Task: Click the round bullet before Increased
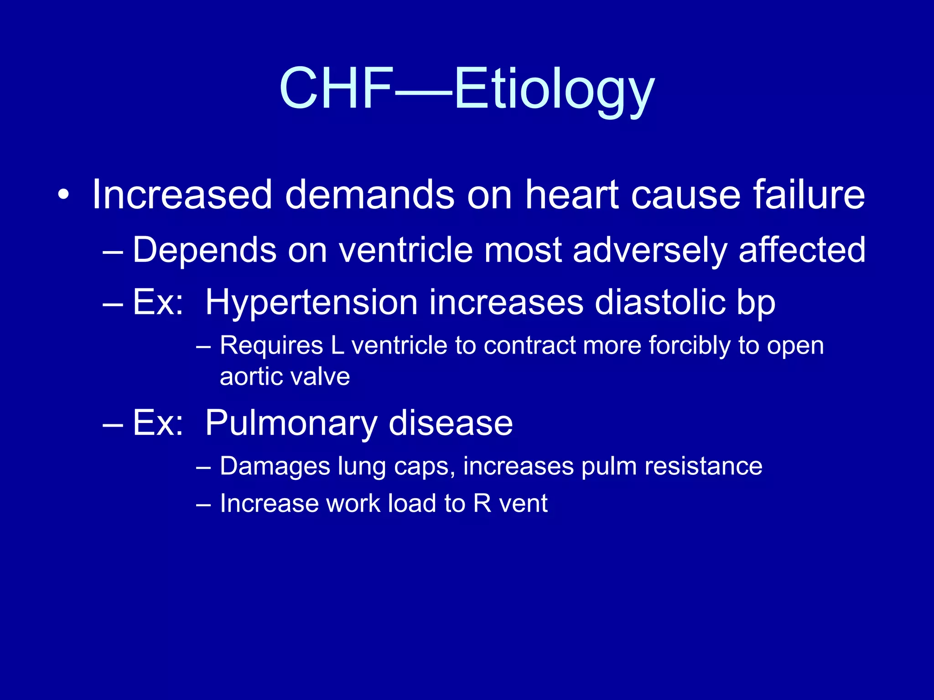click(x=64, y=196)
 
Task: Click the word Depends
click(x=205, y=250)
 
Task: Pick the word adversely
click(x=649, y=250)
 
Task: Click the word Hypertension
click(x=311, y=303)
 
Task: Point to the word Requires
click(x=271, y=345)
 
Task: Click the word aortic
click(x=251, y=376)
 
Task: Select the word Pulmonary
click(x=291, y=423)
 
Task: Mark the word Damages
click(x=275, y=467)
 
